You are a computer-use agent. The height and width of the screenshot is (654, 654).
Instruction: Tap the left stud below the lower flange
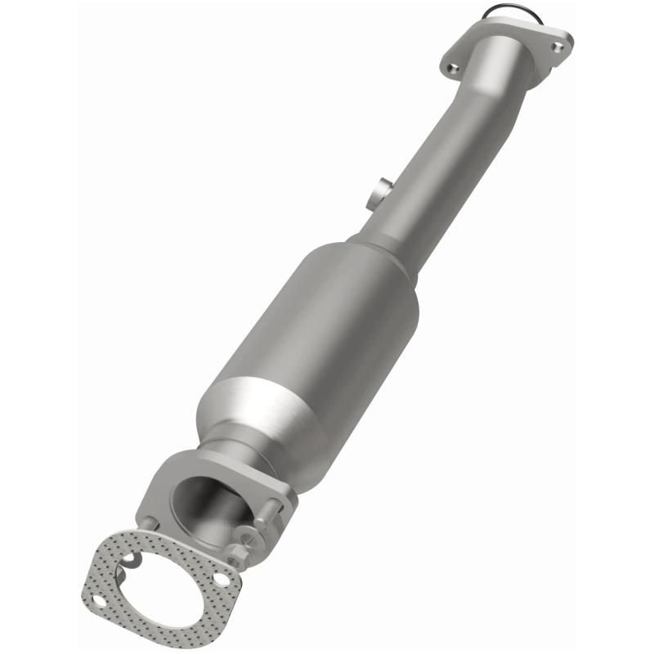coord(147,523)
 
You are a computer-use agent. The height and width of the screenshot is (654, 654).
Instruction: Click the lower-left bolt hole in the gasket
coord(97,602)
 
